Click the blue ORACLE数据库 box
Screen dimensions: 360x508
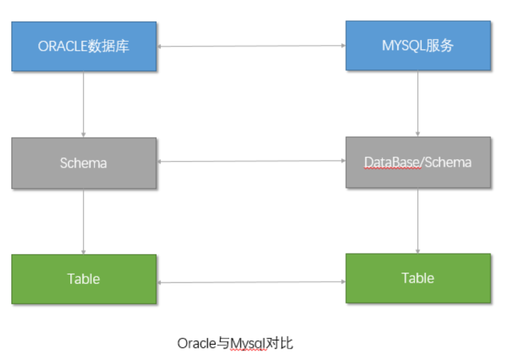[84, 46]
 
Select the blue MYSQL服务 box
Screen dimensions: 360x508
[418, 45]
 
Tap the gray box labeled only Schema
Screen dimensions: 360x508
[84, 163]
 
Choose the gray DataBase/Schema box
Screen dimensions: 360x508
[418, 162]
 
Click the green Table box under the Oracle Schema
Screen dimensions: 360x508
[84, 279]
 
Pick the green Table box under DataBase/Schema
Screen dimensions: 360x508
[418, 278]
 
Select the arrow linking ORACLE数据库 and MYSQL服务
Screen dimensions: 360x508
[251, 46]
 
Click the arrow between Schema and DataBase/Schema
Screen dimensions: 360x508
[251, 162]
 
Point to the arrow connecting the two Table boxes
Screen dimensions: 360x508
[251, 282]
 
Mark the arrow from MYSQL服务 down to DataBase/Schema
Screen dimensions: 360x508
[418, 103]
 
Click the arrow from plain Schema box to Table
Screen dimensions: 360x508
[84, 221]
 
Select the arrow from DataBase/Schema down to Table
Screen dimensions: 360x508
[418, 220]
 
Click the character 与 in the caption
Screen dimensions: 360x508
[223, 343]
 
